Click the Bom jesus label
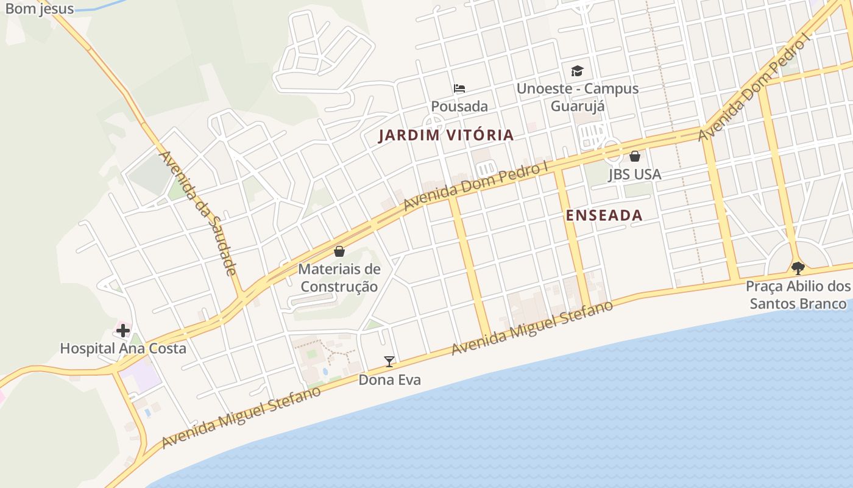40,9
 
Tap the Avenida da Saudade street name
197,212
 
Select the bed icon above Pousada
459,88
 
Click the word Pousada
459,106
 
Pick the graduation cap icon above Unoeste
577,71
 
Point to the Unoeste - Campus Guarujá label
577,97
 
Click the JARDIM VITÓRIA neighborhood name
446,135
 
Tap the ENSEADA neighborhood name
604,215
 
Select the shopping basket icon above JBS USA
635,156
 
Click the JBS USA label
634,174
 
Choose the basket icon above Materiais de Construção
339,251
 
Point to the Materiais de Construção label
339,278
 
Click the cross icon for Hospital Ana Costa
123,331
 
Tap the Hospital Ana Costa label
123,348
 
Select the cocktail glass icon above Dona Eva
389,362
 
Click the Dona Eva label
389,379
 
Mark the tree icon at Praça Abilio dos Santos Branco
798,268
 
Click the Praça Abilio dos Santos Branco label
798,295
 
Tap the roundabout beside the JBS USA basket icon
611,149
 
